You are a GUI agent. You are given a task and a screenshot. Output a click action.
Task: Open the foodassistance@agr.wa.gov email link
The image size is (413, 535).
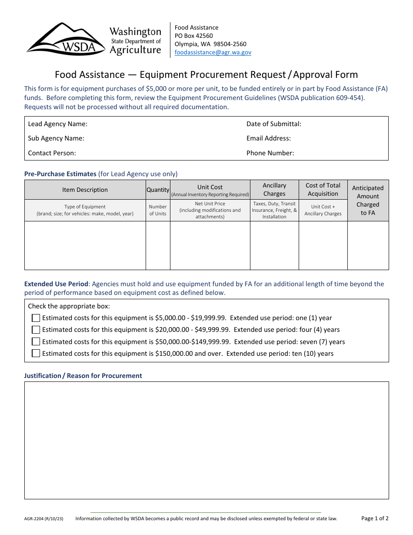tap(213, 52)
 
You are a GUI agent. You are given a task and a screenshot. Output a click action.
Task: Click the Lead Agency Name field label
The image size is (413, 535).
tap(57, 124)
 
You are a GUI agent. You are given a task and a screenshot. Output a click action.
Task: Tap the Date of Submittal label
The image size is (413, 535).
tap(273, 124)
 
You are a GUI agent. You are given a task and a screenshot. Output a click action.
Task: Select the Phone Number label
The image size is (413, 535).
tap(270, 153)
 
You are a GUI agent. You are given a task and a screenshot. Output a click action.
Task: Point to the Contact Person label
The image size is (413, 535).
tap(52, 153)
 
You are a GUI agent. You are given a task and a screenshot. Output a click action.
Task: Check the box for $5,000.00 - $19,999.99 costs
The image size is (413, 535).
tap(36, 318)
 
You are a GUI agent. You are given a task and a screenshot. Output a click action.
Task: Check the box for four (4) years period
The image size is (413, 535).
tap(36, 330)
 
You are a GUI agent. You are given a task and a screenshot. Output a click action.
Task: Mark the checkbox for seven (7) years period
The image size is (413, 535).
tap(36, 341)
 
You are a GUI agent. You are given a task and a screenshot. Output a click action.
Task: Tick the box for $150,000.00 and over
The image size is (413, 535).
tap(36, 353)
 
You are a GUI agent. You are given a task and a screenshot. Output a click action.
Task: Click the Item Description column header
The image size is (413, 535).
tap(85, 190)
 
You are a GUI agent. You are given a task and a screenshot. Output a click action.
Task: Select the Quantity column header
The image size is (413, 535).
tap(158, 190)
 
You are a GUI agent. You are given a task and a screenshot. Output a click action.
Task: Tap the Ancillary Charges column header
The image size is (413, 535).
tap(274, 190)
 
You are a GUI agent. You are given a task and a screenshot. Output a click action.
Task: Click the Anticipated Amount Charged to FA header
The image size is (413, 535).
tap(368, 200)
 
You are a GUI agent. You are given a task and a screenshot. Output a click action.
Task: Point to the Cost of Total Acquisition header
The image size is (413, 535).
tap(323, 190)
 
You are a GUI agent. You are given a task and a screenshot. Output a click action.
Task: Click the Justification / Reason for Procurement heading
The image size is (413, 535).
tap(83, 375)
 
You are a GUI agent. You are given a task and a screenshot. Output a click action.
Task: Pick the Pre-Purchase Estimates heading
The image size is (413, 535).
tap(60, 174)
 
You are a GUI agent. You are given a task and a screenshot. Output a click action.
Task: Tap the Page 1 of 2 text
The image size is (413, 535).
tap(375, 518)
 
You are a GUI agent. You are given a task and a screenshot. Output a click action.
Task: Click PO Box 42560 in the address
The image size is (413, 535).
tap(193, 36)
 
